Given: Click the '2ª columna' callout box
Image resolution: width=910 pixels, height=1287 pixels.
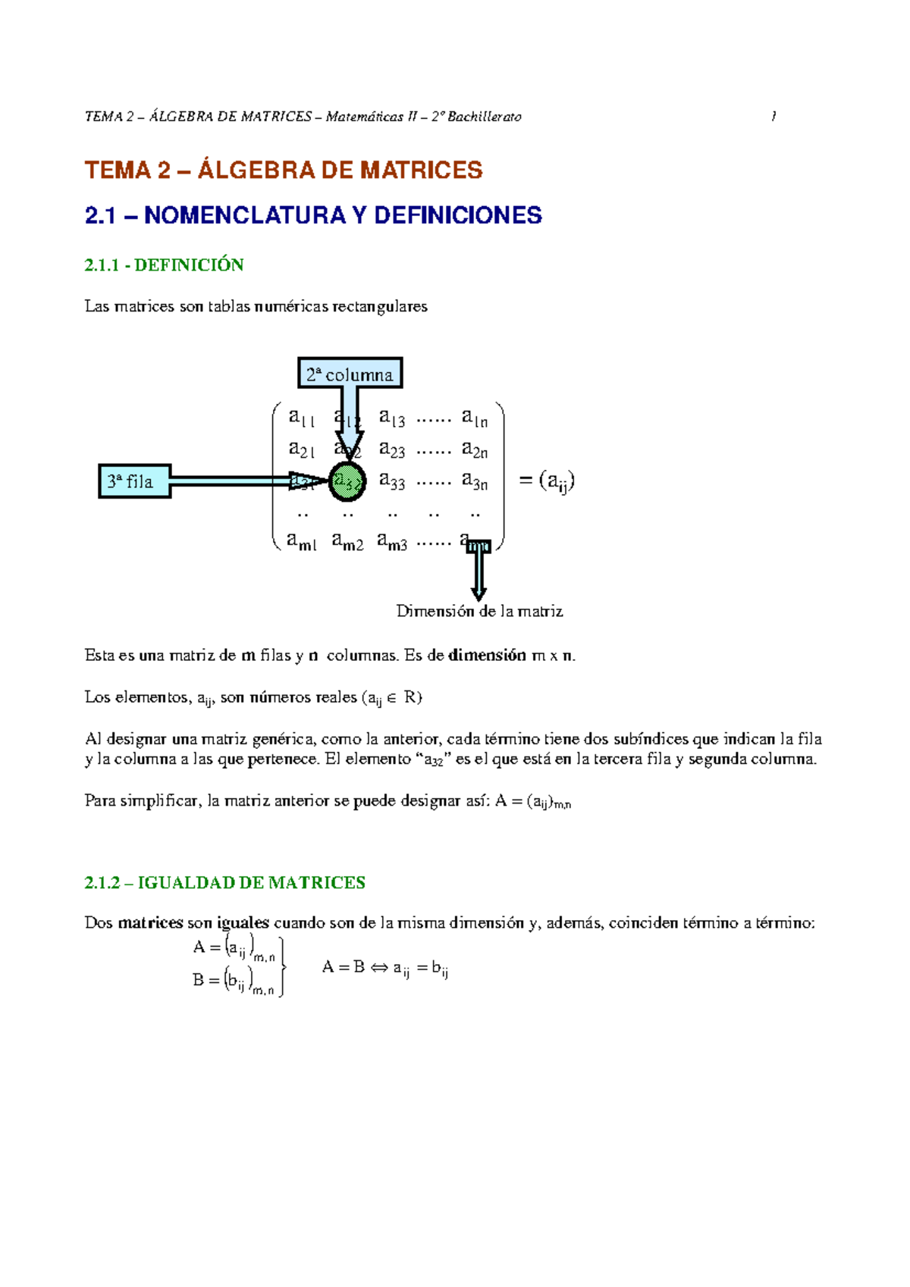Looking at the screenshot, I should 350,373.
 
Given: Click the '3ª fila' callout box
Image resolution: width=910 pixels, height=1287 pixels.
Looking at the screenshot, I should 135,481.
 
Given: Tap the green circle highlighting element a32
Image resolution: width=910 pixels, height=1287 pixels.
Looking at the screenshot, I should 348,481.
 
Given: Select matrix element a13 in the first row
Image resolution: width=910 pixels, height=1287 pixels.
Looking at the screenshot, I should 392,418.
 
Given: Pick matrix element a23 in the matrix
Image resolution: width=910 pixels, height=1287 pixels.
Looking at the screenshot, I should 392,449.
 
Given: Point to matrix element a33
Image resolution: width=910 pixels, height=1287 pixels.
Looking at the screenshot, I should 392,481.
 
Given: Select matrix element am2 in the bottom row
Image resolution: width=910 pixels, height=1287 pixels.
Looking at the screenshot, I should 348,542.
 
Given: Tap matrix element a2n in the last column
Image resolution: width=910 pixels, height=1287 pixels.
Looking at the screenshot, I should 475,449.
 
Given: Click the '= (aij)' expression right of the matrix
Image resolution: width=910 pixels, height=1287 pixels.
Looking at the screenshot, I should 546,481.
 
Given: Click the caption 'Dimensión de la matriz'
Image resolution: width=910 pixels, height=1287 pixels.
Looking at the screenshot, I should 479,612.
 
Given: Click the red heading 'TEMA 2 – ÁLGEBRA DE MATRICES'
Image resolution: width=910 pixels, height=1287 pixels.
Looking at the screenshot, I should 284,170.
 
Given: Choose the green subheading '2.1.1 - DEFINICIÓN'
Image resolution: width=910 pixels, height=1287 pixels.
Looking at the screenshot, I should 164,265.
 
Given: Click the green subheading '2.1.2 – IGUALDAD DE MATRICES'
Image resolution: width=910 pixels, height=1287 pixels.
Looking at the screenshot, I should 225,882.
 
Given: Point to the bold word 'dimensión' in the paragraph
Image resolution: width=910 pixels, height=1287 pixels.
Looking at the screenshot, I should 487,656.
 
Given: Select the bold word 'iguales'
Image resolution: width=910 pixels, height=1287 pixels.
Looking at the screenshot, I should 243,923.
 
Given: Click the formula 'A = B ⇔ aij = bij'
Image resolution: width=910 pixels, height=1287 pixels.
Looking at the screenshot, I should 385,968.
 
